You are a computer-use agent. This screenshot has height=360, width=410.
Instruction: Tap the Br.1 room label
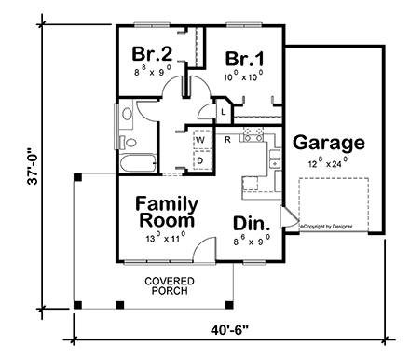pyautogui.click(x=244, y=59)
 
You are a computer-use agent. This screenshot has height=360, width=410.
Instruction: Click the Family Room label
pyautogui.click(x=164, y=212)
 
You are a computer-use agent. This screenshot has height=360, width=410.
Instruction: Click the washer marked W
pyautogui.click(x=199, y=141)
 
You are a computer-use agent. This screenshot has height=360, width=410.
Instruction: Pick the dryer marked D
pyautogui.click(x=199, y=159)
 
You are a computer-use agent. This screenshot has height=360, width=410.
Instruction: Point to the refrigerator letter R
pyautogui.click(x=227, y=139)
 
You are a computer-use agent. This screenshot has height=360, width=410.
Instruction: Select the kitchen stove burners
pyautogui.click(x=252, y=136)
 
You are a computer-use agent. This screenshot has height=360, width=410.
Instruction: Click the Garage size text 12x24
pyautogui.click(x=325, y=162)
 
